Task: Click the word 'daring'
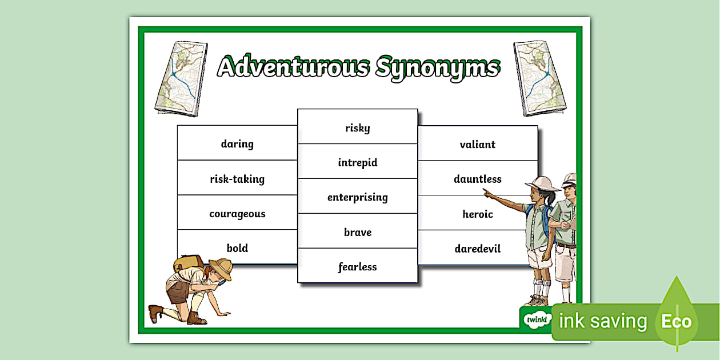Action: pos(237,144)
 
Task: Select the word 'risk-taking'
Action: pos(237,179)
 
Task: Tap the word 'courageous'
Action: pos(237,214)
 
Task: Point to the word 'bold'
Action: pos(237,248)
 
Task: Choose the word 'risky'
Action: pos(358,128)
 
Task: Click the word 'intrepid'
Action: pos(358,163)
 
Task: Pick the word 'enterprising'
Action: pos(358,198)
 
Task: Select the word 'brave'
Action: pos(358,233)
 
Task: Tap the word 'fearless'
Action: pos(358,267)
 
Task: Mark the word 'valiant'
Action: pos(478,145)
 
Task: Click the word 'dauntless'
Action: pos(478,179)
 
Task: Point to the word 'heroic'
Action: pos(478,214)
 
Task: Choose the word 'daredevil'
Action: pos(478,249)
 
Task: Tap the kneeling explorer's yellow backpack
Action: pos(188,263)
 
